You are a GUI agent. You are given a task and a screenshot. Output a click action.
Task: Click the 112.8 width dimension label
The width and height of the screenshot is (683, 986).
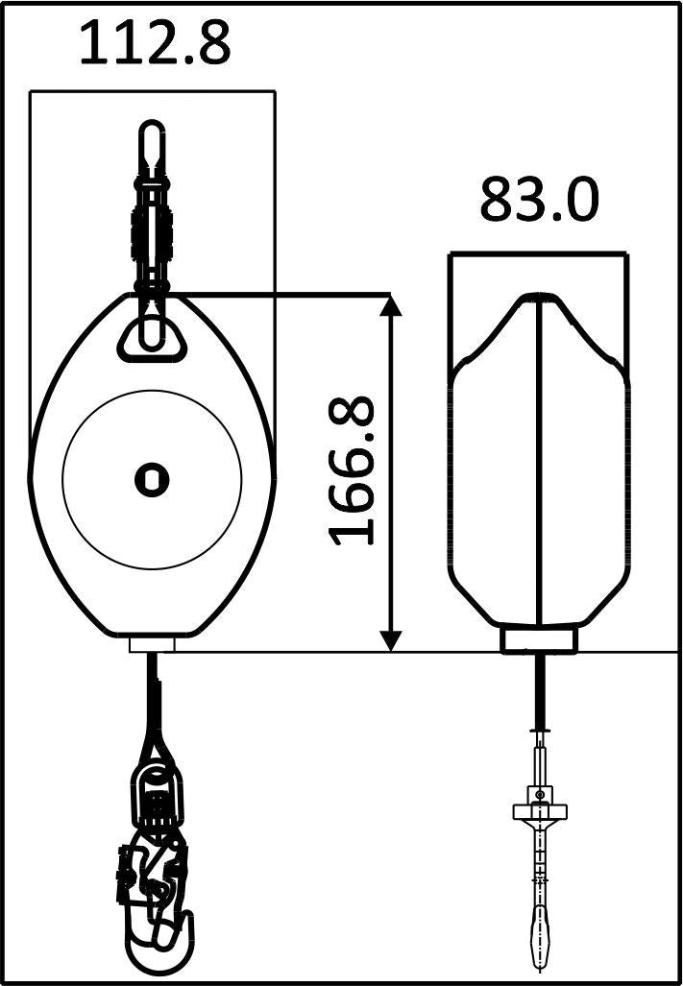click(155, 43)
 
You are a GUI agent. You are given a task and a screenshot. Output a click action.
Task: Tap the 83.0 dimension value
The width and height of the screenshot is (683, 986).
click(540, 201)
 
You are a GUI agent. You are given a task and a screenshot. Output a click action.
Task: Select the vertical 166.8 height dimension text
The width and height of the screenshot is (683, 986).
click(352, 470)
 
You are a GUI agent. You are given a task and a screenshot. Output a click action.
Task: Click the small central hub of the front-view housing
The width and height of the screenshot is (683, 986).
click(152, 479)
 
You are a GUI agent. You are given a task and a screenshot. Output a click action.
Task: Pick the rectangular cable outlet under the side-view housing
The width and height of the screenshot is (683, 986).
click(538, 640)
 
